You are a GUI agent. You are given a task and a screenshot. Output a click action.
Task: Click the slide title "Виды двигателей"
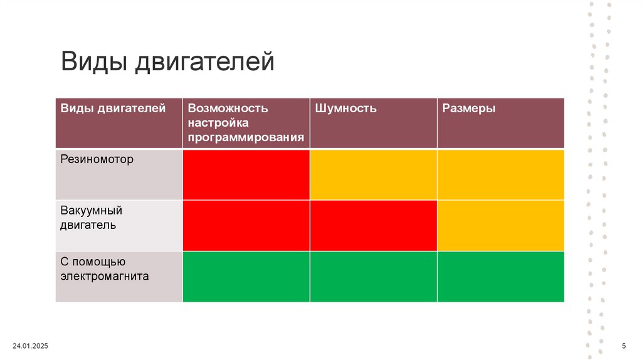[167, 62]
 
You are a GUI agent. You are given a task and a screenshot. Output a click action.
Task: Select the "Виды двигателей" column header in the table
[113, 109]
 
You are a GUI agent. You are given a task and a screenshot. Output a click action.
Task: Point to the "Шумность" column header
[345, 109]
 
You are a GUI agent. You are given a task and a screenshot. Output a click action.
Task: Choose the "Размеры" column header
[469, 109]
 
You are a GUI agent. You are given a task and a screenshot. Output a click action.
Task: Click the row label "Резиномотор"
[97, 159]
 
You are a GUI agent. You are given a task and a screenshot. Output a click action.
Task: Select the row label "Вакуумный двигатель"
[91, 217]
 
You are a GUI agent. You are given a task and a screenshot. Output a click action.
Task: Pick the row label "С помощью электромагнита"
[104, 268]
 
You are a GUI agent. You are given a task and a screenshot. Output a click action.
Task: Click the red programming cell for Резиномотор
[246, 174]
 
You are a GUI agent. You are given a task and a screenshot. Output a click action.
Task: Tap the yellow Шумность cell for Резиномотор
[373, 174]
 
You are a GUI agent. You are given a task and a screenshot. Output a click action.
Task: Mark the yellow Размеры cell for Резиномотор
[500, 174]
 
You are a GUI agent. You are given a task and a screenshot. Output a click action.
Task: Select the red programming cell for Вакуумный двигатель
[246, 225]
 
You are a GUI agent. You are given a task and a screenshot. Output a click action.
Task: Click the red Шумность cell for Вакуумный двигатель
[373, 225]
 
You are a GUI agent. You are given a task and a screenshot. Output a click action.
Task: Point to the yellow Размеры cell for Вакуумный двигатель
[500, 225]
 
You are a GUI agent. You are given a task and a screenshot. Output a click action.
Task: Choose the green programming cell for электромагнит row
[246, 277]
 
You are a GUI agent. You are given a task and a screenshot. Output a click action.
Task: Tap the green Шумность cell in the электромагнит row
[373, 277]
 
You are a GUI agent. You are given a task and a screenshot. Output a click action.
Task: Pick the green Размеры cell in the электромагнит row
[500, 277]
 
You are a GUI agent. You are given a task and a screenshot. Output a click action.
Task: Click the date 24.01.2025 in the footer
[30, 347]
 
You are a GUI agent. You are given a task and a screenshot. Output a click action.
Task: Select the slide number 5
[623, 347]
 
